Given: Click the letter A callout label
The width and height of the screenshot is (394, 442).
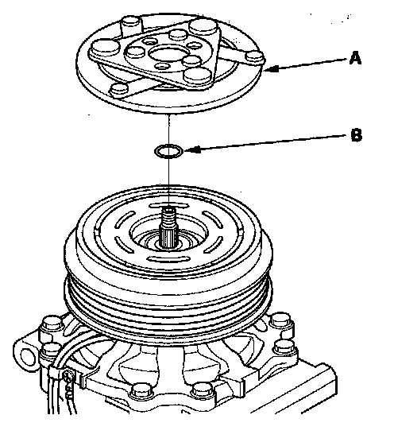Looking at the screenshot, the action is (355, 58).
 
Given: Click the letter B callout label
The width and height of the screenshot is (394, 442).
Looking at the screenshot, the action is (356, 135).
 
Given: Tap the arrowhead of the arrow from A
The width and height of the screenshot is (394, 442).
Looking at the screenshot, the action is (272, 68).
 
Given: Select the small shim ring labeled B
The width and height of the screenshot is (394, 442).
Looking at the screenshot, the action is (169, 151).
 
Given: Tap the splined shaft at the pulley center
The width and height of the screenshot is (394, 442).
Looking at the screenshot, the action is (168, 227).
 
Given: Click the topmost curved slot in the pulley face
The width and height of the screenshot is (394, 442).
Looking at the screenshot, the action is (168, 205).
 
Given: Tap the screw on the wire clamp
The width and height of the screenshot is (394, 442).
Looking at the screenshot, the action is (68, 376).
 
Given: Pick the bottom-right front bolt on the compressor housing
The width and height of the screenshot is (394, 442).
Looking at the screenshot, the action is (202, 392).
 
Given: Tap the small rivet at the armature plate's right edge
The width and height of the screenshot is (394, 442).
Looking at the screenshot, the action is (255, 56).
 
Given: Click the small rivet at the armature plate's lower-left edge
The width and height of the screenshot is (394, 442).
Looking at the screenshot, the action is (120, 89).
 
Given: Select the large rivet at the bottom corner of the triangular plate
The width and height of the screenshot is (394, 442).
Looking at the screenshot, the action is (199, 76).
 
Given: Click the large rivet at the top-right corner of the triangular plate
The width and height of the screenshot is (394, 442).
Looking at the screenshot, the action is (203, 27).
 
